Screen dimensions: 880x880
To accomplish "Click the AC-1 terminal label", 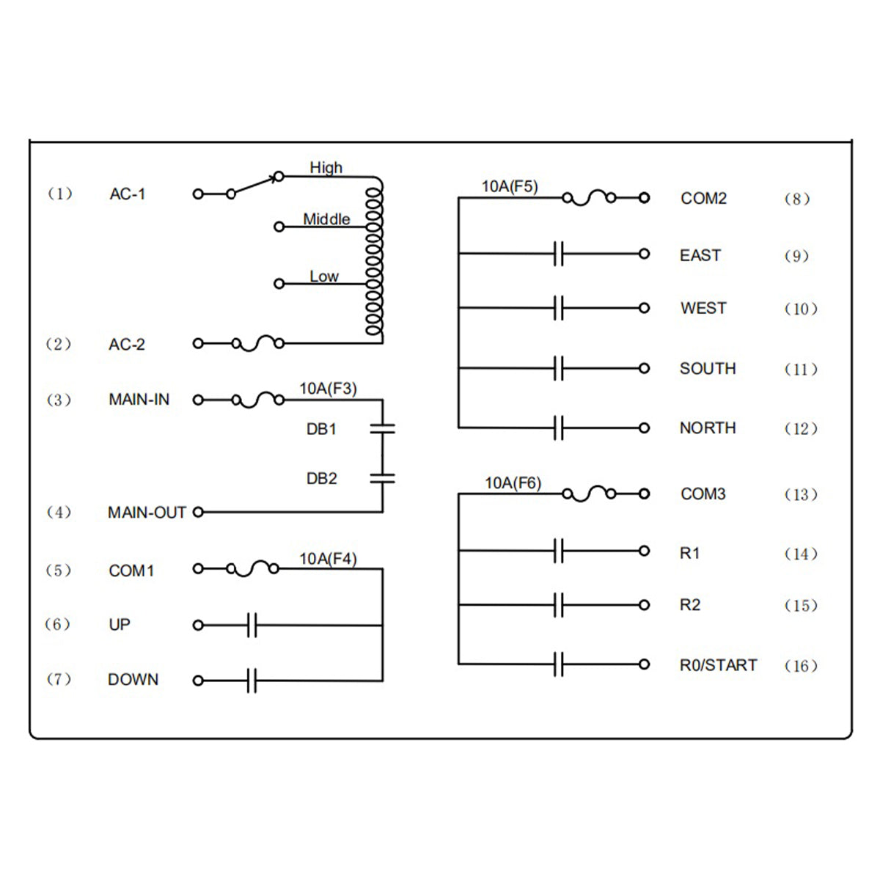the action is [x=128, y=194].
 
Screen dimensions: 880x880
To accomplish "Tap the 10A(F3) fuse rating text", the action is [x=328, y=389].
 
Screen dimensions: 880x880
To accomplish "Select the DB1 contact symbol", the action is [x=383, y=428].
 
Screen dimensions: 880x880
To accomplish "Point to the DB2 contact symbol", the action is [x=383, y=478].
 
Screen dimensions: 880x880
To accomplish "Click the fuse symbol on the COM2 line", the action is [x=590, y=198].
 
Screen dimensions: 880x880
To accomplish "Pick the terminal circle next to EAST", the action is [x=645, y=254].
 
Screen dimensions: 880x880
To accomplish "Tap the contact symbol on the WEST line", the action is [x=559, y=308].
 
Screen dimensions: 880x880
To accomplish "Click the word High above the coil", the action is [x=326, y=168].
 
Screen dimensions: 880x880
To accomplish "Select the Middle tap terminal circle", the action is [x=279, y=227].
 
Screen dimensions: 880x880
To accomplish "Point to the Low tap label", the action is [x=324, y=276].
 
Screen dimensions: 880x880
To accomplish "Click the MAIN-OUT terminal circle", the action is [x=198, y=513].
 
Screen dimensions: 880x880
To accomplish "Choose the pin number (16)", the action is [x=801, y=666].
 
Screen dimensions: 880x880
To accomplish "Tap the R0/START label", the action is [x=719, y=665].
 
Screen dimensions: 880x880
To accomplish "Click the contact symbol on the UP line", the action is [x=252, y=626].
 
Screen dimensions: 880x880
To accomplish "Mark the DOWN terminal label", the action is [x=133, y=680].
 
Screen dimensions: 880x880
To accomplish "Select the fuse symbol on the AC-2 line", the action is [x=258, y=343].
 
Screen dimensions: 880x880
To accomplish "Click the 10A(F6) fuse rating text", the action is [x=513, y=483].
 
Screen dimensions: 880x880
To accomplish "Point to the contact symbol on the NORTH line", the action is [x=559, y=428].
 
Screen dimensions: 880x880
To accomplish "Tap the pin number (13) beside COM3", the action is [x=801, y=494].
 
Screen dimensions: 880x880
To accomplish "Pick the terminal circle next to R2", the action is [x=645, y=605].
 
